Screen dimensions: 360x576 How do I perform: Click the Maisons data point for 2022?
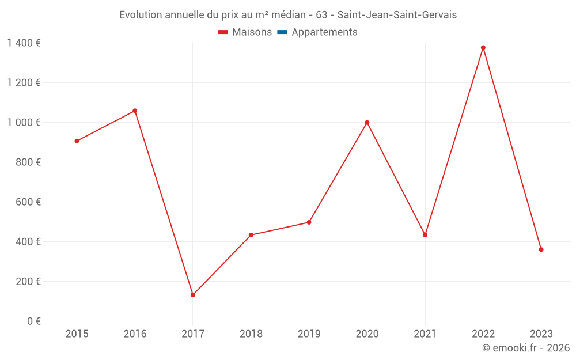[483, 48]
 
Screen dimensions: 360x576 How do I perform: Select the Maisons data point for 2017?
[193, 295]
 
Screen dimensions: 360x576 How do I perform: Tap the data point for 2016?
[135, 111]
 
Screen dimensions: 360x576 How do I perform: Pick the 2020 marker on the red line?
[367, 123]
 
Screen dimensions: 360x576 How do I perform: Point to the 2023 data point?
[541, 249]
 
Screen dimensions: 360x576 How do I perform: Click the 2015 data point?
[77, 141]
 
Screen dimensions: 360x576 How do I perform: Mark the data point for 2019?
[309, 222]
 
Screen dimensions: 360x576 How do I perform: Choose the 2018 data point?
[251, 235]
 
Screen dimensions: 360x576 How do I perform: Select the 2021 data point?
[425, 235]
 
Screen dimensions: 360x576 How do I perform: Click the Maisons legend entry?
[245, 32]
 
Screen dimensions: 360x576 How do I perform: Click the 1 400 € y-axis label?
[24, 43]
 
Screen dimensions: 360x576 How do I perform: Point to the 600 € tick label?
[29, 202]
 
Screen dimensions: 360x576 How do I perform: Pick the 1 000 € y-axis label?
[24, 123]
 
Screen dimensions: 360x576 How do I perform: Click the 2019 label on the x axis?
[309, 334]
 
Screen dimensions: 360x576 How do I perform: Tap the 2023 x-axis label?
[541, 334]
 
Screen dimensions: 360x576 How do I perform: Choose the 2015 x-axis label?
[77, 334]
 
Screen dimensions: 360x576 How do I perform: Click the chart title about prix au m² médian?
[288, 15]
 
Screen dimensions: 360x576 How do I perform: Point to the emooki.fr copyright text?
[526, 348]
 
